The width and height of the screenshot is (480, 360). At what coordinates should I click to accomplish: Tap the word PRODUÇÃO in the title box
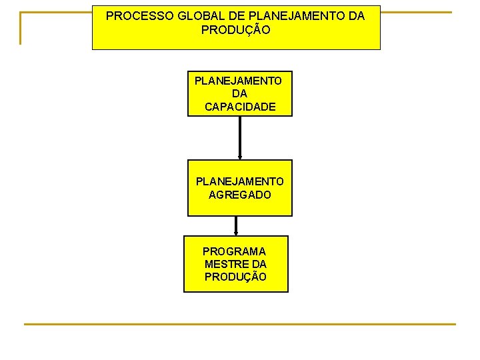point(236,31)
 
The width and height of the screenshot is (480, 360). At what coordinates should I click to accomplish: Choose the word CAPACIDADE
point(240,107)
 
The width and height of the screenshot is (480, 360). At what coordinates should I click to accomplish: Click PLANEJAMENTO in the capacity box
point(238,81)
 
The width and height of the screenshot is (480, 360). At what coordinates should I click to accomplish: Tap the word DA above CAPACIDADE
point(239,93)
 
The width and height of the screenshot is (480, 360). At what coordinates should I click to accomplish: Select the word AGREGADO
point(240,195)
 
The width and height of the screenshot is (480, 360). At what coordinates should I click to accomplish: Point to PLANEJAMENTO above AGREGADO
point(239,181)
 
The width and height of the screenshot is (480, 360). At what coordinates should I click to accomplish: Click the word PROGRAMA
point(234,251)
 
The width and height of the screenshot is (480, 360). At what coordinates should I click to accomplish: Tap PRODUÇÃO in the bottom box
point(235,277)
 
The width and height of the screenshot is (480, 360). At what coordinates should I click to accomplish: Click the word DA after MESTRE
point(257,264)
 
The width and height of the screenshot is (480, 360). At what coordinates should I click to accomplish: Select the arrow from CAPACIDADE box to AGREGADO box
point(240,138)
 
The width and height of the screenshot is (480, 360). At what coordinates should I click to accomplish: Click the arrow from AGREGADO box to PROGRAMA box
point(236,226)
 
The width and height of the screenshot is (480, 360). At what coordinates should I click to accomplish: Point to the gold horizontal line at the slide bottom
point(240,324)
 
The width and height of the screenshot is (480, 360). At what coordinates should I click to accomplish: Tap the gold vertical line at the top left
point(20,28)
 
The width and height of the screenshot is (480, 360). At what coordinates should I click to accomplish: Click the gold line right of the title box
point(416,12)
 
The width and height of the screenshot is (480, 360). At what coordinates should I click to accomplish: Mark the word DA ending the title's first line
point(355,16)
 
